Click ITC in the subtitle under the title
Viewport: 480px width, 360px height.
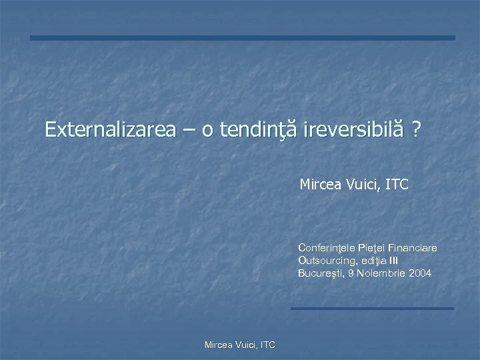(397, 183)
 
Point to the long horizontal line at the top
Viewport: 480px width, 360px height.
(243, 38)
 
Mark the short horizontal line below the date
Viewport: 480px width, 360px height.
(372, 308)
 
